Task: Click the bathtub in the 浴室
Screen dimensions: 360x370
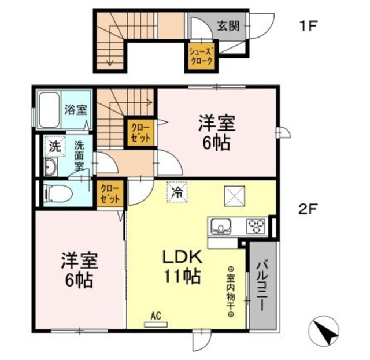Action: point(51,109)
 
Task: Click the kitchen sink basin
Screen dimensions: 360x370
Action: point(222,225)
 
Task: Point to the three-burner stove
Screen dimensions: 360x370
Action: point(256,225)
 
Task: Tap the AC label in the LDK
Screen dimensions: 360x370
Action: point(155,316)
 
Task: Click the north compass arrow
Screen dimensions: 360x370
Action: point(327,333)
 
